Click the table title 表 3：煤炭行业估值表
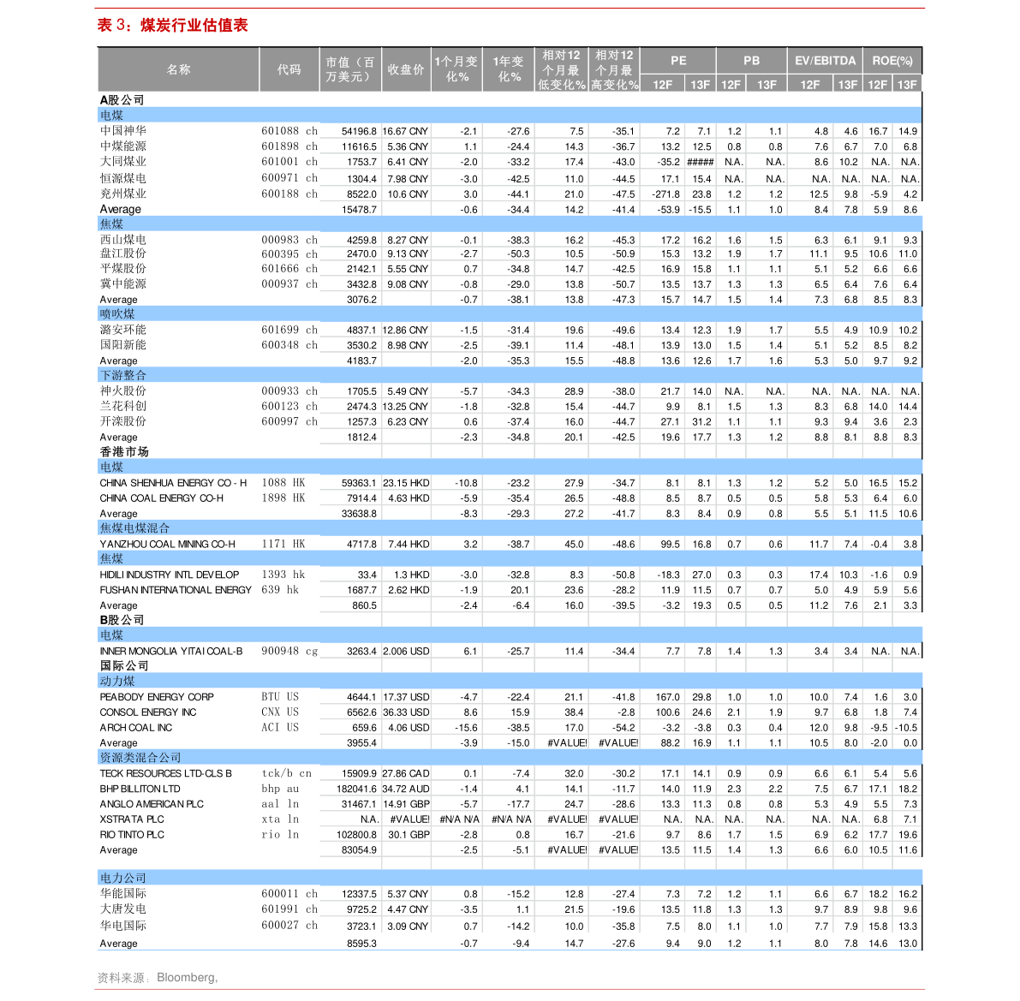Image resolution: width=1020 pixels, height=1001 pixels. [x=173, y=26]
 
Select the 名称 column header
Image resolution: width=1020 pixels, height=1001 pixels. [x=179, y=69]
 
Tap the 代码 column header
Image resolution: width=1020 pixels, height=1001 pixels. [x=289, y=69]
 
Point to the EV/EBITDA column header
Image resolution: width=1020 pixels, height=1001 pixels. [x=825, y=61]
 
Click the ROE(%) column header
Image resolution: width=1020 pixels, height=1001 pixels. [x=892, y=61]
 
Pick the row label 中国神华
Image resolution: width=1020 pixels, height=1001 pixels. [x=123, y=131]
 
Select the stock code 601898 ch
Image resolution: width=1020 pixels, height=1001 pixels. [x=289, y=146]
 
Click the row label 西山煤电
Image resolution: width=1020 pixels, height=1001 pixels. [x=123, y=240]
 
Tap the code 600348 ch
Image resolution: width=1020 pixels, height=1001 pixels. [x=289, y=345]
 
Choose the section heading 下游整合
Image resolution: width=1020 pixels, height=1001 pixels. [x=123, y=375]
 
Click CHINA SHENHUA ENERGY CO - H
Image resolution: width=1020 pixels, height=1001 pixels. [x=173, y=483]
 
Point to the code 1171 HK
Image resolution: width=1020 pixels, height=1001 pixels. [x=283, y=544]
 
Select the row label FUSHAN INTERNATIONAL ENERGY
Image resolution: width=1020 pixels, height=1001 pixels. [x=176, y=590]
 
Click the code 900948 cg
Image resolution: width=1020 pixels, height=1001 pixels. [x=289, y=651]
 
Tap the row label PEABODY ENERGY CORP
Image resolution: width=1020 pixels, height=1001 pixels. [x=157, y=697]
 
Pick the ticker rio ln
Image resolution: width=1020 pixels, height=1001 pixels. [x=280, y=835]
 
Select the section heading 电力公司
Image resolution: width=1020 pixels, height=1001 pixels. [x=123, y=878]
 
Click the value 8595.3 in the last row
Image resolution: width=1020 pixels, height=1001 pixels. [x=361, y=944]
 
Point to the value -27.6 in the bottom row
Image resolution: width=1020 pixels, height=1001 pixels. [x=623, y=944]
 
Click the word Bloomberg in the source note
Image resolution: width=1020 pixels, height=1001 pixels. [x=187, y=977]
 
